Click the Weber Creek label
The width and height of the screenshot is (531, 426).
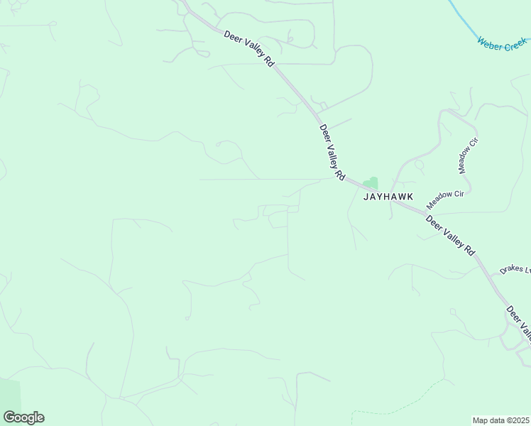coord(503,43)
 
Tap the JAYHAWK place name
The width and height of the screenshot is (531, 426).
coord(388,197)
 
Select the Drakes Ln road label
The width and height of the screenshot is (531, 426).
coord(515,270)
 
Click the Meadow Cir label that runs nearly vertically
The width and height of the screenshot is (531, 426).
coord(469,156)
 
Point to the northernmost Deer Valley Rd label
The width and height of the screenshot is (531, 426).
coord(249,49)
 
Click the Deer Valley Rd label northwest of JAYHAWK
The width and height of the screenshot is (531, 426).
coord(332,152)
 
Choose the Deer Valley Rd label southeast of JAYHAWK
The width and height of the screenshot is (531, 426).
coord(450,235)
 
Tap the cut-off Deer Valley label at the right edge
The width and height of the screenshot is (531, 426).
coord(518,322)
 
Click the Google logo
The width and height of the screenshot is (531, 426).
coord(23,417)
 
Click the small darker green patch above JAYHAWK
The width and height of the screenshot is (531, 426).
coord(371,183)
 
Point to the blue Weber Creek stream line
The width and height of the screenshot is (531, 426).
coord(465,21)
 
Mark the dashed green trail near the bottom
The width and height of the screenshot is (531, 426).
coord(398,410)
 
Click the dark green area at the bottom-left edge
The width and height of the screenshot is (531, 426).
coord(9,398)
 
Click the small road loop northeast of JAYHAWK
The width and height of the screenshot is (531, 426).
coord(420,165)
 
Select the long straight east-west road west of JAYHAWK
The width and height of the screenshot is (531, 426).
coord(263,180)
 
